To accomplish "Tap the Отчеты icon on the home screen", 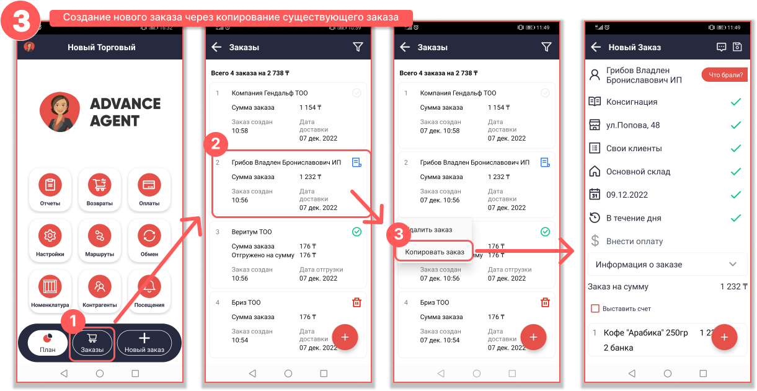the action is click(50, 185).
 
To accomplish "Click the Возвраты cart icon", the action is click(99, 185).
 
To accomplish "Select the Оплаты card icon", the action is click(149, 185).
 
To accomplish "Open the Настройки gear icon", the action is click(50, 235).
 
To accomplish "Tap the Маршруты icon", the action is click(99, 235).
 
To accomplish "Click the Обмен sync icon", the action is click(149, 235).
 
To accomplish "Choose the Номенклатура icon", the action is click(50, 287).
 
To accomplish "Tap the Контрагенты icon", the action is click(99, 287).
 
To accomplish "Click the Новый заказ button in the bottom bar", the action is click(144, 343).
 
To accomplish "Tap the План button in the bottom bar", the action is click(48, 343).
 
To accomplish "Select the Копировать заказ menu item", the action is click(434, 252).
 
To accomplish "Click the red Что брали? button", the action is click(725, 74).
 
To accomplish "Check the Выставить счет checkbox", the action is click(595, 309).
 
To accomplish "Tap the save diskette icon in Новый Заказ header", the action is click(737, 47).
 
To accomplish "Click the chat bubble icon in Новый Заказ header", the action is click(721, 47).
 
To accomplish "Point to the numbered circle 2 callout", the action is click(216, 144).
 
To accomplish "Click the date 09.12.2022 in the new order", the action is click(627, 195).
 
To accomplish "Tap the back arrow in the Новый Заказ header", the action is click(596, 47).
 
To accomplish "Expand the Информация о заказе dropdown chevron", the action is click(733, 264).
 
